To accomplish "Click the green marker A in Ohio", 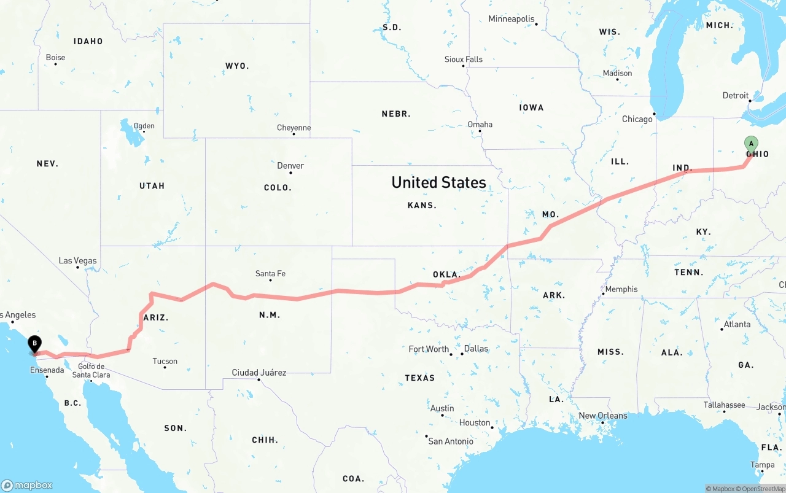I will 750,144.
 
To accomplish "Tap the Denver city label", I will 290,166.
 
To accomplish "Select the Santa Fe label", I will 270,274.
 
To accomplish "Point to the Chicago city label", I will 637,119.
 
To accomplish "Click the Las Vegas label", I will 78,261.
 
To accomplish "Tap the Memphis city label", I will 621,289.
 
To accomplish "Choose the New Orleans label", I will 603,416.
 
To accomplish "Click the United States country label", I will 438,182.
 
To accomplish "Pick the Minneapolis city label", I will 512,19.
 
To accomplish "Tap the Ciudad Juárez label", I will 259,373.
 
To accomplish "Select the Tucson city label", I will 165,362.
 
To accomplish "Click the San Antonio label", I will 451,441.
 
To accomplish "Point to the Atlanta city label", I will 737,324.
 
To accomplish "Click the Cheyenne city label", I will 294,128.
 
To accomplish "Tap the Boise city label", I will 55,58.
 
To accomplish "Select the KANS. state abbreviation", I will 422,206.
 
